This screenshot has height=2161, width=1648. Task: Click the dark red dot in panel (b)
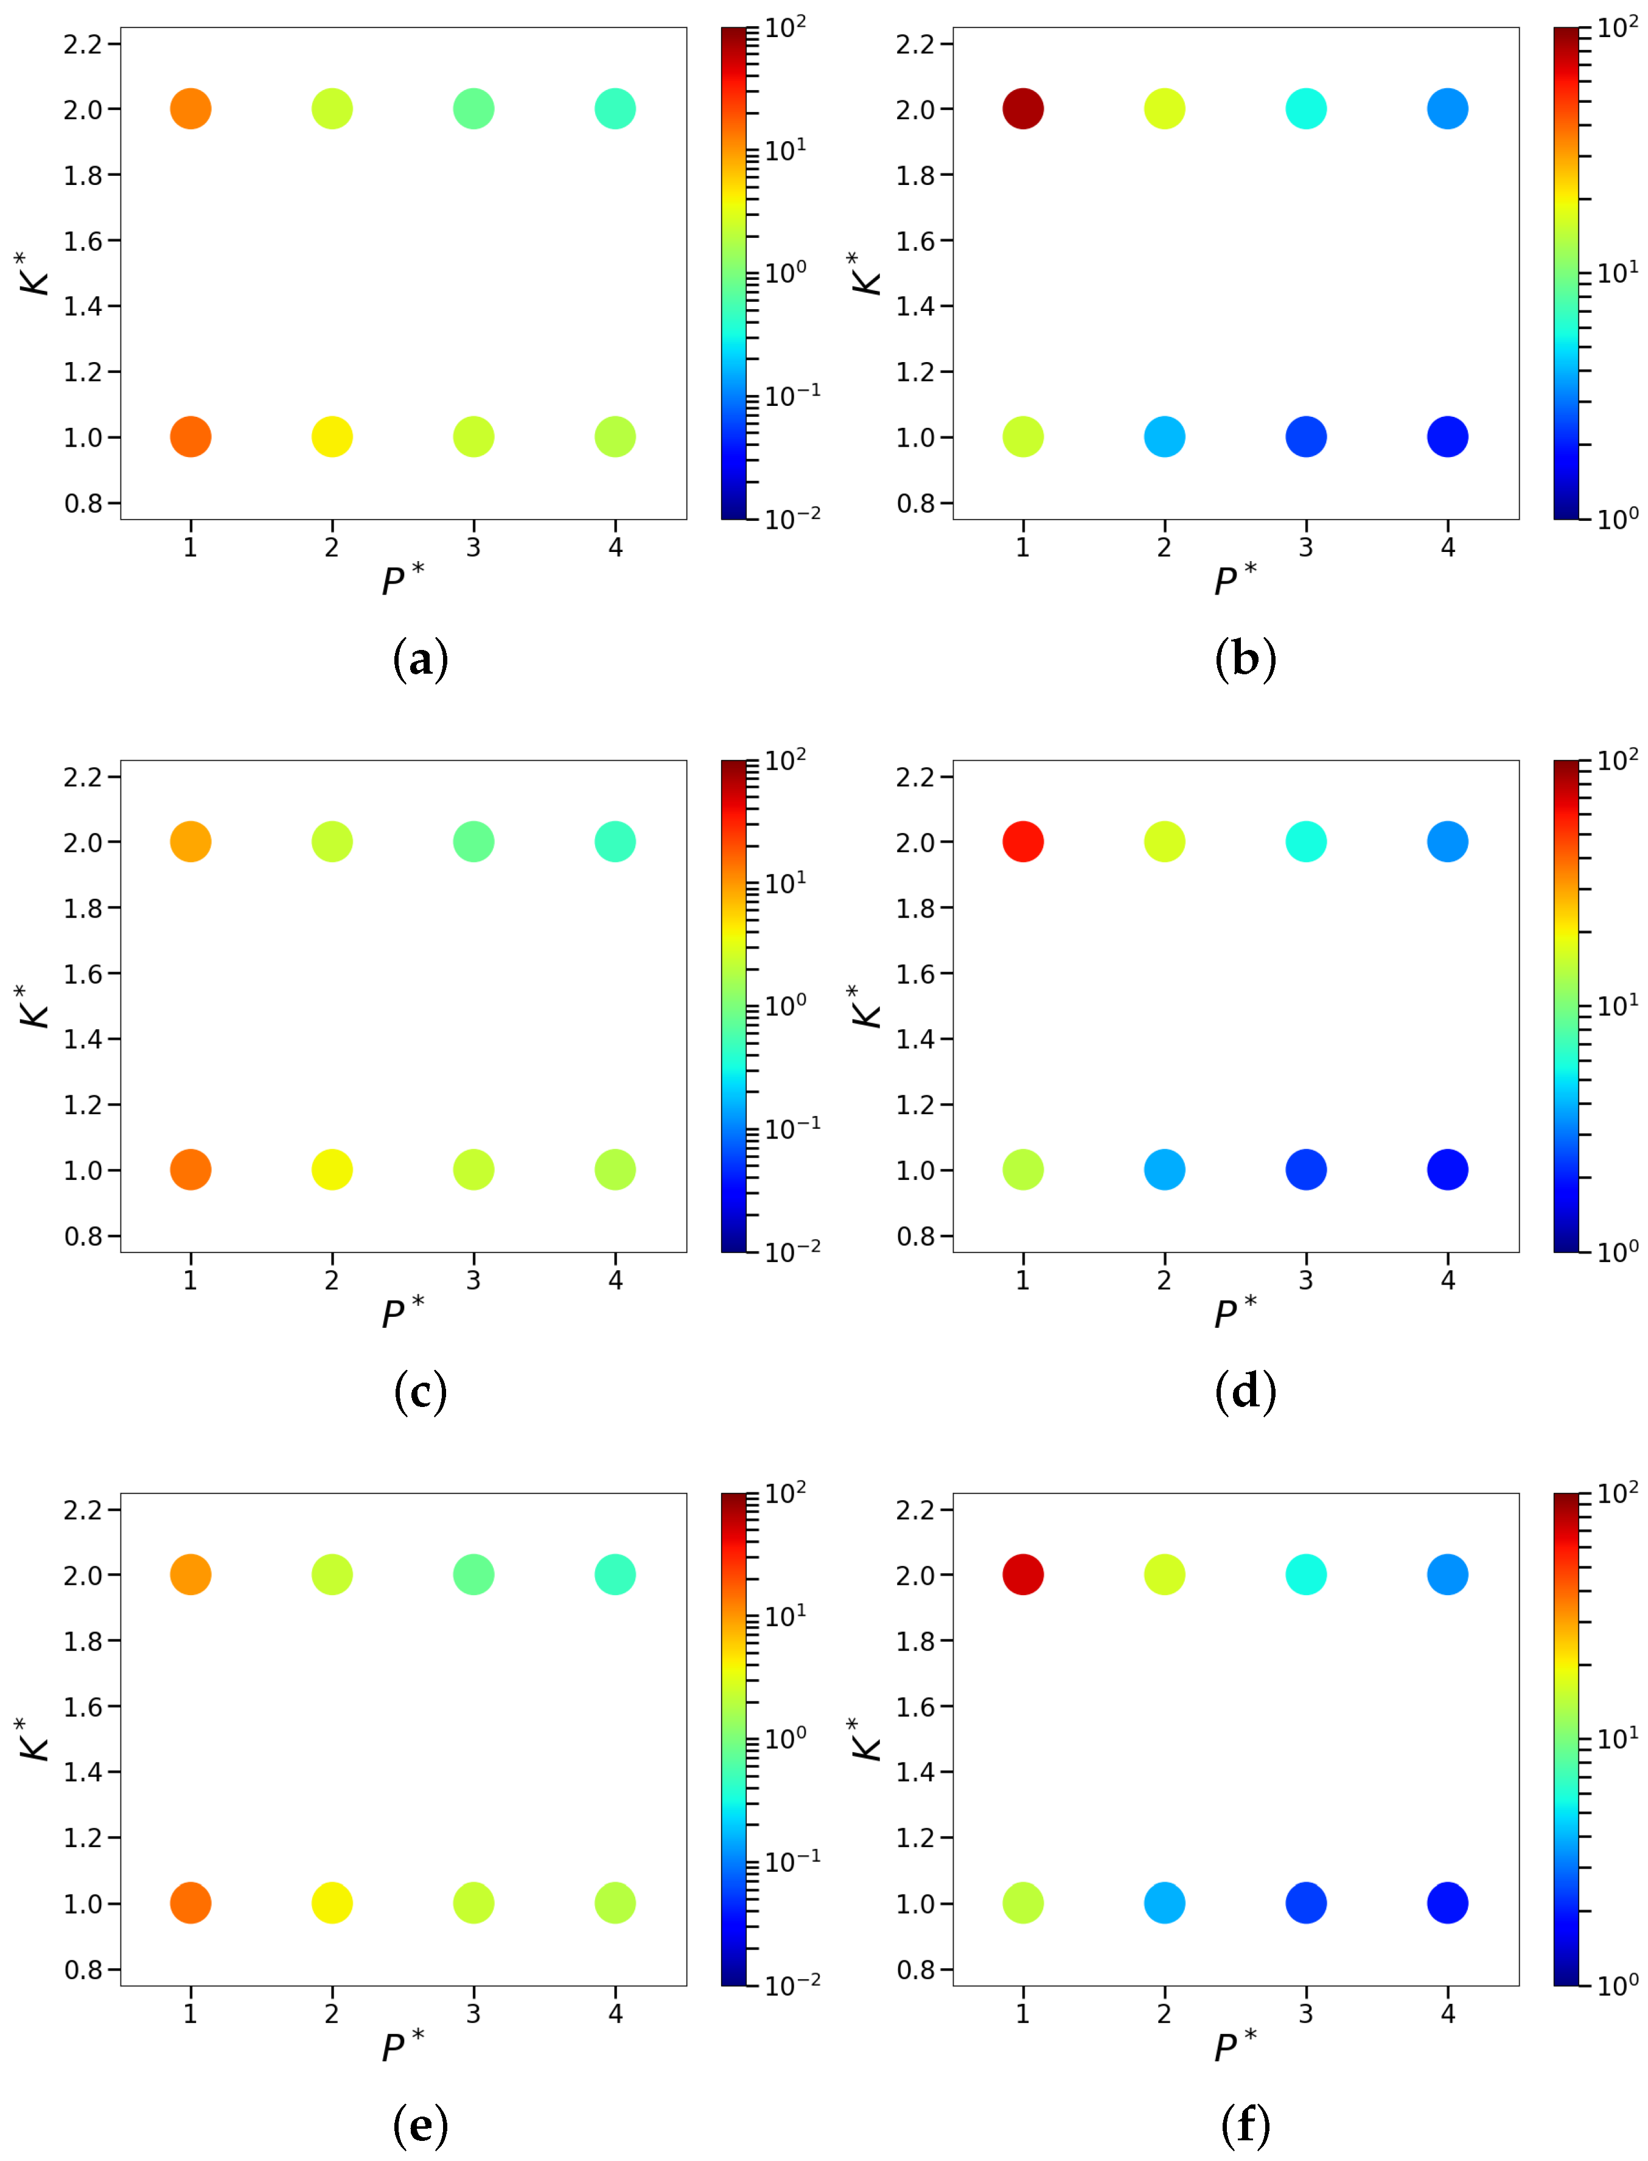(x=1022, y=109)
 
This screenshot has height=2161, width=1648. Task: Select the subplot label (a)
(x=420, y=658)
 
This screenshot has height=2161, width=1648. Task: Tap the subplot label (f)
(x=1245, y=2124)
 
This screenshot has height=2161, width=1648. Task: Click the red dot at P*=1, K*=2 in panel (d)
(x=1022, y=842)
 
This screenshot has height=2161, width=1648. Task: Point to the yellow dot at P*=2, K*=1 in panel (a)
(x=332, y=436)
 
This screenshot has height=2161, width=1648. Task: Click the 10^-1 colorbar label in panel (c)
(x=791, y=1129)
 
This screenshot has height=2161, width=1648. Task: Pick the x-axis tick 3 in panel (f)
(x=1305, y=2014)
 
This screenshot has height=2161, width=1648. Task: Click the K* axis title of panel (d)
(x=865, y=1007)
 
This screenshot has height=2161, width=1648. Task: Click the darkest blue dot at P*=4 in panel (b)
(x=1447, y=436)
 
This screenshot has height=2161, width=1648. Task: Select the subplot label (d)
(x=1245, y=1392)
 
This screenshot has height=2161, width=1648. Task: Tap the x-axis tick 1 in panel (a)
(x=190, y=547)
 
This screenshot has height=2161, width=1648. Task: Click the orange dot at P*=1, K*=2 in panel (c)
(x=190, y=842)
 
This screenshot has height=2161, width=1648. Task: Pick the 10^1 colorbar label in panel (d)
(x=1616, y=1005)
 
